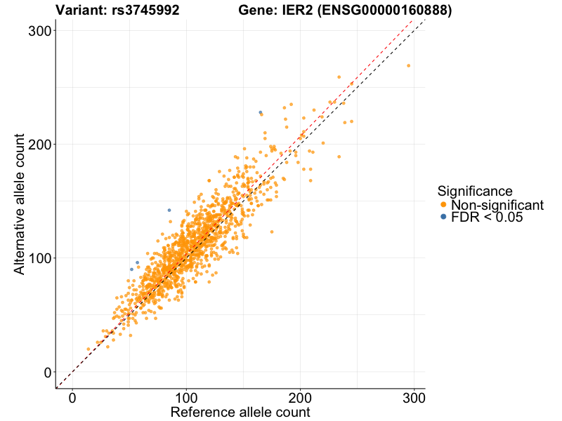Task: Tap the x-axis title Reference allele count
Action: tap(240, 412)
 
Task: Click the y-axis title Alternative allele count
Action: tap(21, 203)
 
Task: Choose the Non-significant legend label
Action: tap(497, 205)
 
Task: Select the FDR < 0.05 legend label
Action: tap(487, 218)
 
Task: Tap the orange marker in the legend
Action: tap(443, 205)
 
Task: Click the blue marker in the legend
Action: tap(443, 218)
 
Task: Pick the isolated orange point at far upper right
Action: tap(408, 66)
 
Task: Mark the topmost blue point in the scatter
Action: tap(260, 112)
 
